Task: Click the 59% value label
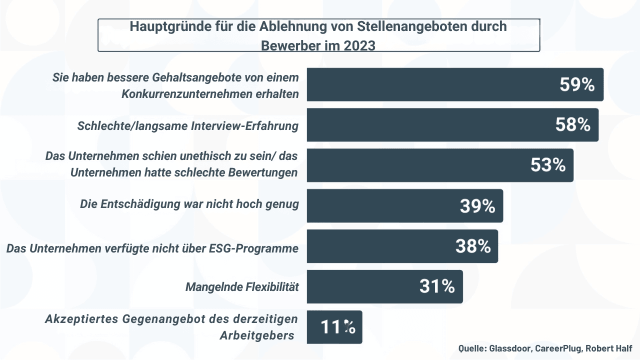point(576,84)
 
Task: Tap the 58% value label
point(572,125)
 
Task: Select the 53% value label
point(547,165)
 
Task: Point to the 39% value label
point(477,205)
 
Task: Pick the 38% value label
point(472,246)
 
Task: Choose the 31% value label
point(436,286)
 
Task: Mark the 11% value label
point(337,327)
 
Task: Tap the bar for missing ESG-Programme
point(380,246)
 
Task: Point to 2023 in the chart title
point(359,45)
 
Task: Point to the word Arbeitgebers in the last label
point(257,335)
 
